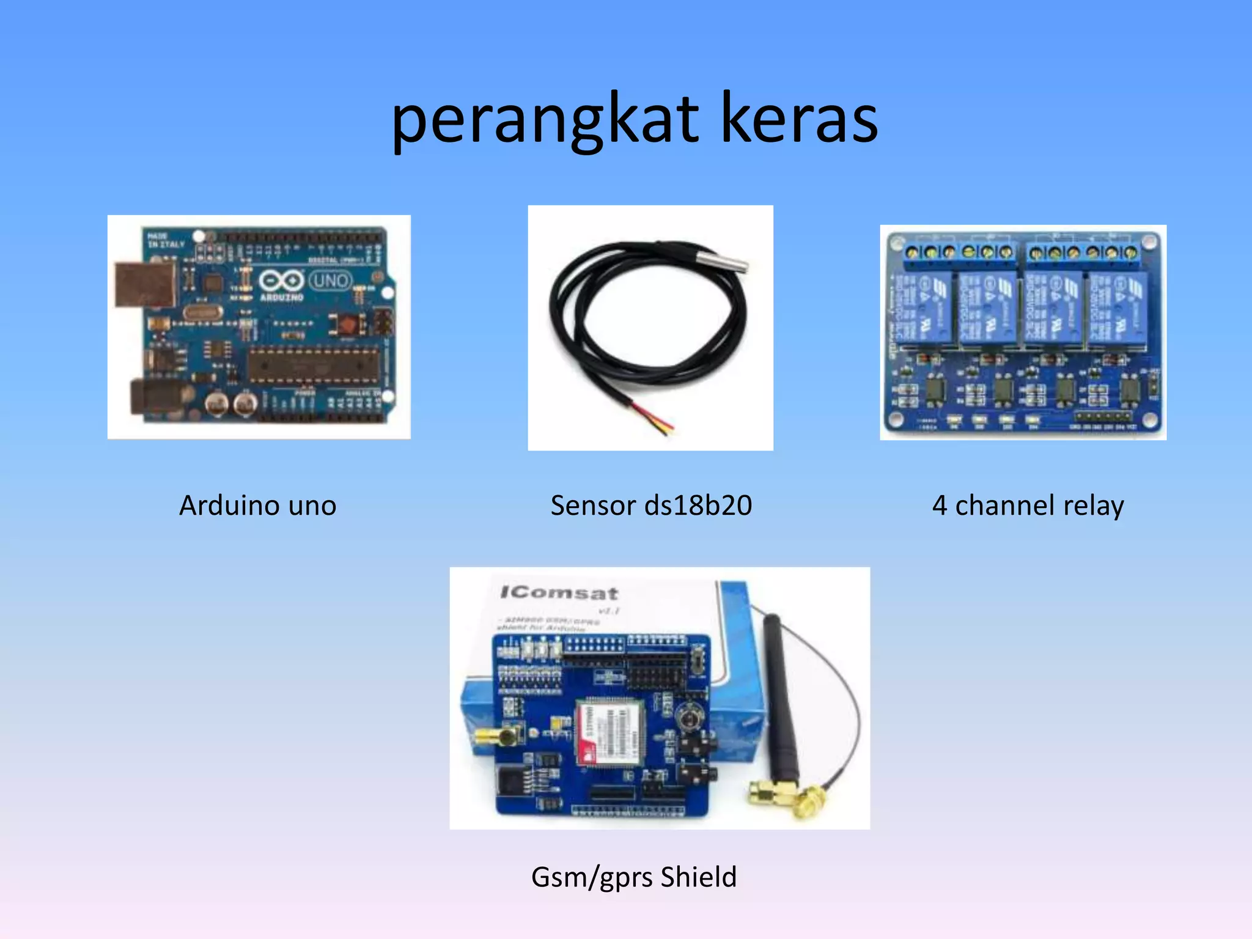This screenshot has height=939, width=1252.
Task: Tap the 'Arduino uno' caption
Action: pos(257,506)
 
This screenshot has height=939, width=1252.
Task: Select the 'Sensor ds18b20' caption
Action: pos(651,506)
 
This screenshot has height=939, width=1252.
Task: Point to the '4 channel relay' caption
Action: pos(1028,506)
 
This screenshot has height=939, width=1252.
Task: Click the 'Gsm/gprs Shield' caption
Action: pos(634,877)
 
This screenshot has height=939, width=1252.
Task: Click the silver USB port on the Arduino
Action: pos(145,285)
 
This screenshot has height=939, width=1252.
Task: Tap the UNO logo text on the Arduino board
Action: pos(331,281)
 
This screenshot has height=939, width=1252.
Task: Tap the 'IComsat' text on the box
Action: pos(559,592)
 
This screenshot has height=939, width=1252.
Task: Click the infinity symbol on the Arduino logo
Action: pos(281,281)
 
